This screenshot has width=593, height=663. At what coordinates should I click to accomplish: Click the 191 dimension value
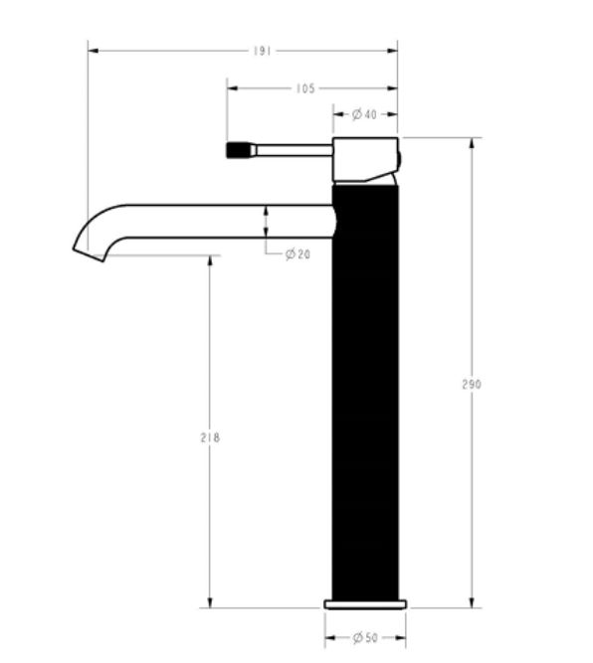click(262, 51)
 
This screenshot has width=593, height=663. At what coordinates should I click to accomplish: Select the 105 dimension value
click(305, 88)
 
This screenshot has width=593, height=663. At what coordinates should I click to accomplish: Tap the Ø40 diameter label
click(364, 114)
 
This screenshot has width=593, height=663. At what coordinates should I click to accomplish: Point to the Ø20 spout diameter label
click(297, 254)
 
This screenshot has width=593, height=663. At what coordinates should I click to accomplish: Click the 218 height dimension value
click(210, 437)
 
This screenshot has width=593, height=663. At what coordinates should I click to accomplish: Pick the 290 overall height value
click(472, 385)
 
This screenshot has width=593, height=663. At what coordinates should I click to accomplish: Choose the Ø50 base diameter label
click(365, 637)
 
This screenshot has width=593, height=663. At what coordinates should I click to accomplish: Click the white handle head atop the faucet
click(365, 160)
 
